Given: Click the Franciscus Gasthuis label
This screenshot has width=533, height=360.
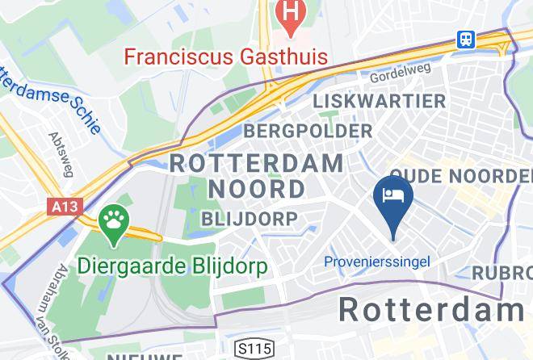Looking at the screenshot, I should [x=225, y=57].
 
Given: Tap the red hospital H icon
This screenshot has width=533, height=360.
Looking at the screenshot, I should [x=288, y=13].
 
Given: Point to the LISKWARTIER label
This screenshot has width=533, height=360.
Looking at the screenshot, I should [x=379, y=102].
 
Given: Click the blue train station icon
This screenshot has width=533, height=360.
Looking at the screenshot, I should [x=466, y=39].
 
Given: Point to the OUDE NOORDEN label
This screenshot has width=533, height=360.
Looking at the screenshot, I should [x=460, y=176].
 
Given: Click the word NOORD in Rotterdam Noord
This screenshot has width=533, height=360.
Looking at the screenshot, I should [x=258, y=189].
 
